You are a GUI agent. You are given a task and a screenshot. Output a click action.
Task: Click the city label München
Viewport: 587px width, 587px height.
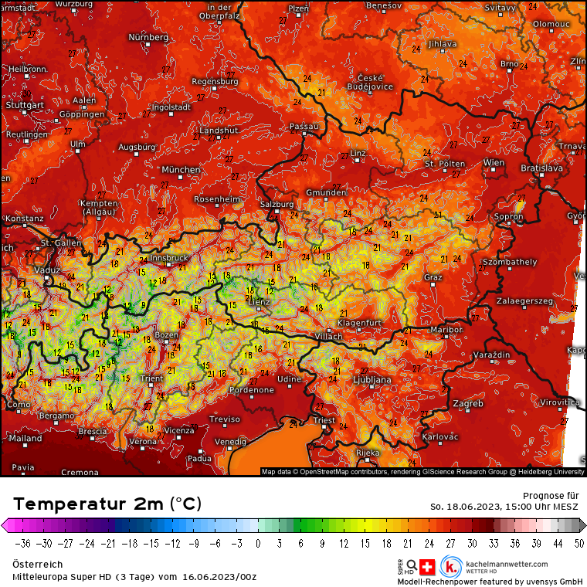coord(181,169)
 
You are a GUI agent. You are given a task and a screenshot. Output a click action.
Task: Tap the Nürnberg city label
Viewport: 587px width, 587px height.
coord(148,37)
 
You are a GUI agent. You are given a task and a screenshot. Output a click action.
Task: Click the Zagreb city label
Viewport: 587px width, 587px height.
coord(467,403)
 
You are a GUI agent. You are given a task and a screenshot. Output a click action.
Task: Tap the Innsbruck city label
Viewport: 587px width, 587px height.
coord(169,258)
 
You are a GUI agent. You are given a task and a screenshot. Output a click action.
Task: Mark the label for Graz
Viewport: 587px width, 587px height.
coord(433,277)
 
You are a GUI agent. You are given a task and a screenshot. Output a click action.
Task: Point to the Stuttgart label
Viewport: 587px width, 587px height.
coord(24,104)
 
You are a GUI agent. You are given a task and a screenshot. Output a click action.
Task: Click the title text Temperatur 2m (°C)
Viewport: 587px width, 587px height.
coord(107,504)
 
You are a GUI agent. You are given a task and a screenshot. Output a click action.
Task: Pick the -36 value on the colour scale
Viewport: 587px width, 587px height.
coord(22,542)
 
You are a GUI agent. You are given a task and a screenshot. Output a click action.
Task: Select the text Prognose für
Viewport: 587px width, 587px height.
coord(545,495)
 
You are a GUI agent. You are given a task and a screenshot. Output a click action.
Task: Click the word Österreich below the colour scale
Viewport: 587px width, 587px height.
coord(38,565)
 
